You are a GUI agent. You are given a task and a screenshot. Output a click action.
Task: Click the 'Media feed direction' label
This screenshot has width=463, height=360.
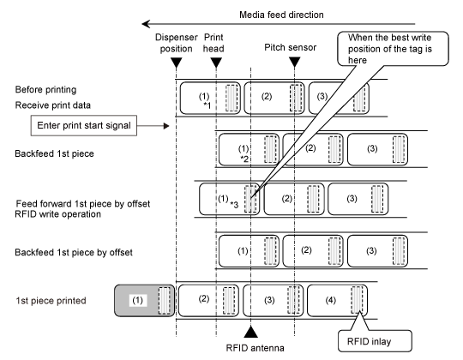click(281, 15)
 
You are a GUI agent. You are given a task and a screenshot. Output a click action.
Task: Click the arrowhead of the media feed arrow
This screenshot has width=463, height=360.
click(146, 24)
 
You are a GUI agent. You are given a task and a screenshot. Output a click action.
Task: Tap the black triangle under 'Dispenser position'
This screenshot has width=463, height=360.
click(177, 63)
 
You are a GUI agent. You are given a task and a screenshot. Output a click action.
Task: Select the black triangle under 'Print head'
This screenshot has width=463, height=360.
click(216, 63)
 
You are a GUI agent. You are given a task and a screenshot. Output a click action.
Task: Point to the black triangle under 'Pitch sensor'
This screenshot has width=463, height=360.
click(294, 62)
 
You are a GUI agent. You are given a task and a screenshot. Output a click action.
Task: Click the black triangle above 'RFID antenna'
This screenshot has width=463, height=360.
click(250, 332)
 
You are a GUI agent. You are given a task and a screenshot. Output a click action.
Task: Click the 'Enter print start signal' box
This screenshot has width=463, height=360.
click(84, 125)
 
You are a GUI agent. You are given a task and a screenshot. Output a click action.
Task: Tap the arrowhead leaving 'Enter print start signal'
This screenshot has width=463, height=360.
click(166, 126)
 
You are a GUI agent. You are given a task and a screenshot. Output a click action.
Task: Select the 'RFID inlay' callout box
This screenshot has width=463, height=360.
click(375, 341)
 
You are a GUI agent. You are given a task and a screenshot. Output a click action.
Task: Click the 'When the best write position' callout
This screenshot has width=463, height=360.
click(393, 49)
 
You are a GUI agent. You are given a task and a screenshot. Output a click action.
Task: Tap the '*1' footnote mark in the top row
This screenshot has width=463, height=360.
click(207, 105)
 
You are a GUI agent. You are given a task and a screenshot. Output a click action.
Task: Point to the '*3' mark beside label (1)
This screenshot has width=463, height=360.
click(234, 204)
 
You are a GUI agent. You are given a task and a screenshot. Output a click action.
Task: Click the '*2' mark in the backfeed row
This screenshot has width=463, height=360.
click(244, 159)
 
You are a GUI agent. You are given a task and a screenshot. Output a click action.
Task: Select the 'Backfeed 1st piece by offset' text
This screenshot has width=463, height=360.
click(74, 253)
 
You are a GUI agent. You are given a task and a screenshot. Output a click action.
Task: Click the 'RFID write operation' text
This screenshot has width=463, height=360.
click(58, 214)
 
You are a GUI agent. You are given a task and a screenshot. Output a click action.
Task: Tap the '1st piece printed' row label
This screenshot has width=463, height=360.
click(51, 301)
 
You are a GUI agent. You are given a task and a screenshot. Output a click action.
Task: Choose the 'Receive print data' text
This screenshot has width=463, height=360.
click(53, 105)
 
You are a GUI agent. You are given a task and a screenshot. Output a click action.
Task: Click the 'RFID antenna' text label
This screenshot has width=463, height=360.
click(256, 348)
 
